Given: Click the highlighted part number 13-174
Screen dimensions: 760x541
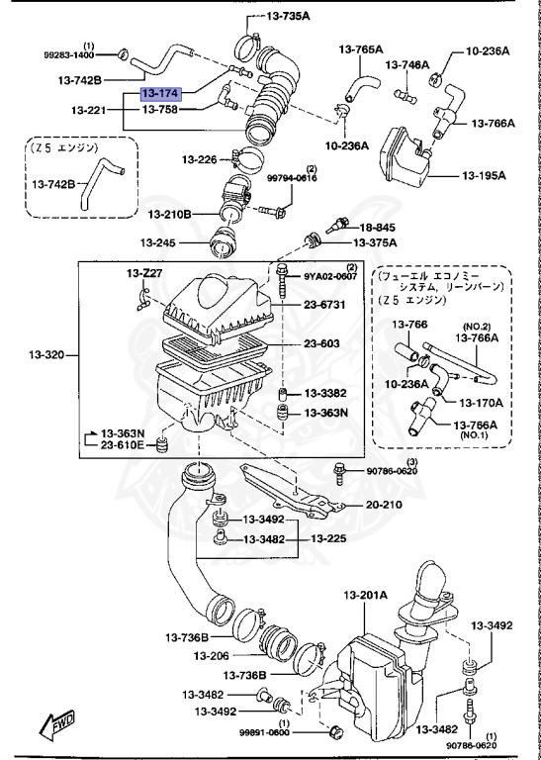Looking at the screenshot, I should click(x=160, y=93).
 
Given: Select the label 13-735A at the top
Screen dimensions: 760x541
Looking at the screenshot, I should click(x=288, y=17).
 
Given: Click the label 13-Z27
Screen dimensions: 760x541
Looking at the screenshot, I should click(x=141, y=272).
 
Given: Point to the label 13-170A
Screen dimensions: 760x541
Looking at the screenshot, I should click(x=480, y=402).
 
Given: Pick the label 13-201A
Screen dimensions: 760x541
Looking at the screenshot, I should click(x=366, y=594).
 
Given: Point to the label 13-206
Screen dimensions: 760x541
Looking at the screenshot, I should click(x=212, y=656).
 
